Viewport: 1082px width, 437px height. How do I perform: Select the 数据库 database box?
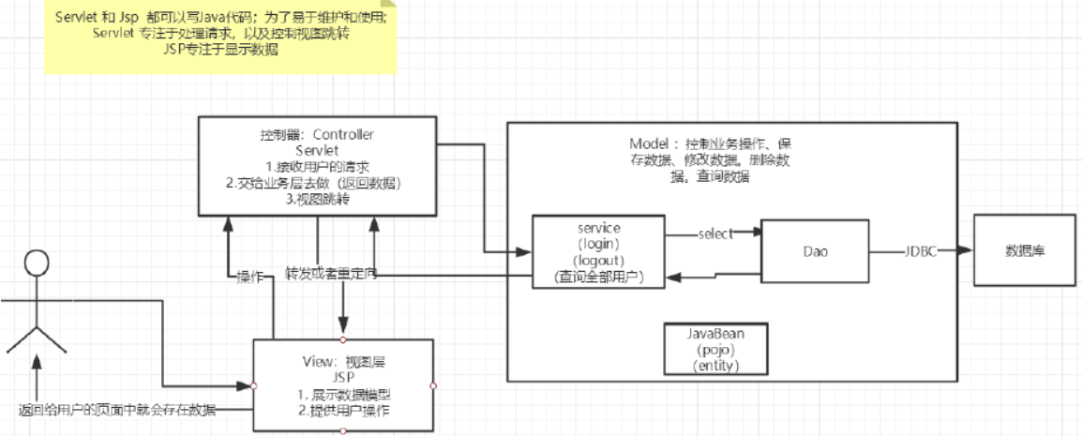point(1024,250)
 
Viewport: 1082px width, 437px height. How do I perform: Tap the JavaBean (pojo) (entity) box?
point(715,349)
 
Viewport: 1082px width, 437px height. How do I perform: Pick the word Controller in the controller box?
point(342,134)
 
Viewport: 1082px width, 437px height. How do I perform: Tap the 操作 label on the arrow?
point(250,276)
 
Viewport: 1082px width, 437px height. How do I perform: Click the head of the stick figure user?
point(37,264)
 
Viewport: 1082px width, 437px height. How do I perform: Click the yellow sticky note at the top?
point(220,37)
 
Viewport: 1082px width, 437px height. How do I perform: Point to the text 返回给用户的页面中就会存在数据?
point(116,410)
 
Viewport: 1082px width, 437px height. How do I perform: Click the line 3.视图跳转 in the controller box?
point(317,198)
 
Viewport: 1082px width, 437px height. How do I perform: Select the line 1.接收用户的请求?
point(317,166)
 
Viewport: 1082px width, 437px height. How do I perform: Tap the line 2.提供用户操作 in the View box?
point(343,410)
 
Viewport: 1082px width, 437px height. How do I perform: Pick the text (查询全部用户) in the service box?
point(600,277)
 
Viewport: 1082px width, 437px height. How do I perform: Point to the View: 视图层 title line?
point(343,360)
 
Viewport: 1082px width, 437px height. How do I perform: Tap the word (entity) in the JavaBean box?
point(715,366)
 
